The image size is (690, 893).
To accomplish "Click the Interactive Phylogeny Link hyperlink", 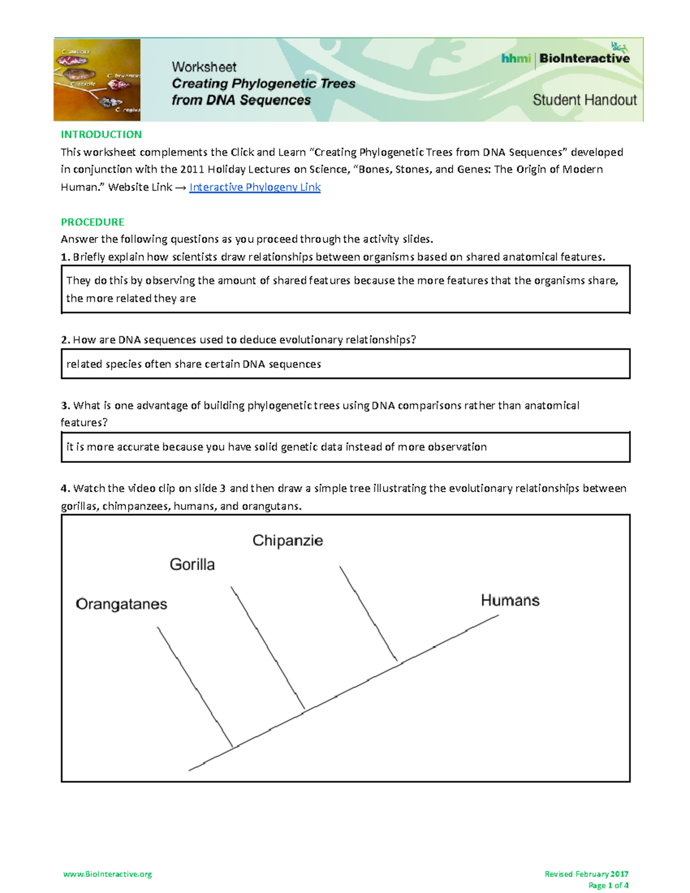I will (255, 187).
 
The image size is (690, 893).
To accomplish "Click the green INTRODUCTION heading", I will (101, 135).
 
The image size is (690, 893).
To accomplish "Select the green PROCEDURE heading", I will (93, 222).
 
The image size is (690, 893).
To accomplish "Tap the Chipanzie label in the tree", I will (287, 541).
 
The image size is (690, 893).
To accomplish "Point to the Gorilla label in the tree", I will (192, 565).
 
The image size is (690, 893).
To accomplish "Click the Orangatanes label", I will (121, 604).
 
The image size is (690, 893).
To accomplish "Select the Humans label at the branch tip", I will (510, 601).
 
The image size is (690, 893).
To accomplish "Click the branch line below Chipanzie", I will (368, 613).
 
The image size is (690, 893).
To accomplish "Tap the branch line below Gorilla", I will (267, 647).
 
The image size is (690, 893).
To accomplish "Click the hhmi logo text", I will (515, 59).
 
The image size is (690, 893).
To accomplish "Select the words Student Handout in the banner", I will (584, 100).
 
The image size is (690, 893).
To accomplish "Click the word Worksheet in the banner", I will (204, 67).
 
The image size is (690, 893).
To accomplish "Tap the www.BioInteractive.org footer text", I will (108, 874).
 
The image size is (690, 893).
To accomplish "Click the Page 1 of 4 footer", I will (608, 886).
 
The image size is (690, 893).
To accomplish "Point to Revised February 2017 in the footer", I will (586, 874).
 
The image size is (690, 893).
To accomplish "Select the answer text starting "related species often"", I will (193, 364).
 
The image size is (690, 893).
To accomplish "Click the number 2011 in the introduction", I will (192, 170).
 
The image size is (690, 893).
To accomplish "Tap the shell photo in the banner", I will (97, 80).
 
